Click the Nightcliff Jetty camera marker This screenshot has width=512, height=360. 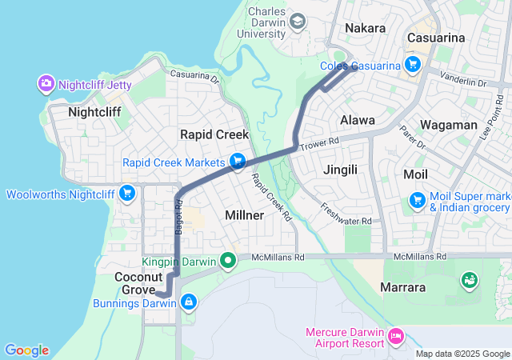pos(46,83)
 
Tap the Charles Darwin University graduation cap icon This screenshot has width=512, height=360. pos(298,22)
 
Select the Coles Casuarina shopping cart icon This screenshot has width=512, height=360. pos(413,65)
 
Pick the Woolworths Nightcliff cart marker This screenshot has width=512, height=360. pos(126,194)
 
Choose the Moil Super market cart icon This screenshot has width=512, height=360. pos(417,200)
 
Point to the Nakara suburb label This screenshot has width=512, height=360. pos(365,29)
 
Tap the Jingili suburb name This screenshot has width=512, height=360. pos(345,170)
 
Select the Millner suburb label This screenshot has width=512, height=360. pos(245,215)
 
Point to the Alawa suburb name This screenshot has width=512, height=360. pos(358,120)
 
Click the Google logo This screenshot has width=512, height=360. pos(27,350)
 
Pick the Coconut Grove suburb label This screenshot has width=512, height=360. pos(138,283)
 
